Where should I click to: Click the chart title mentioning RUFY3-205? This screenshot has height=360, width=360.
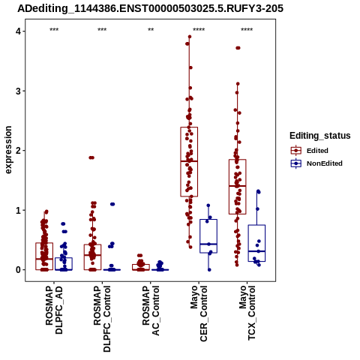151,8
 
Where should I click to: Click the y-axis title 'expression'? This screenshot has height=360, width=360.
8,150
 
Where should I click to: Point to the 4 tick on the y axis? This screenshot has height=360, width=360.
18,31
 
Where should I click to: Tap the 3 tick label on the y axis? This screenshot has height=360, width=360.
18,91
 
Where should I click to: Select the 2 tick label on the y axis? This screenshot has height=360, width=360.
18,151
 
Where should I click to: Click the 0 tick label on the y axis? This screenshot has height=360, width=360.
18,270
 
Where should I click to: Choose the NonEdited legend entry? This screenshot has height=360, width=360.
316,163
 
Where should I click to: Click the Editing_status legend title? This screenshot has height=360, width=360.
320,136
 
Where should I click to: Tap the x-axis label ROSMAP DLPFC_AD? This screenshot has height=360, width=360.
54,310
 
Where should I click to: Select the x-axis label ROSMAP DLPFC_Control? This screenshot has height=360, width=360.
102,319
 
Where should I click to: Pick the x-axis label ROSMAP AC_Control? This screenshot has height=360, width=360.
151,310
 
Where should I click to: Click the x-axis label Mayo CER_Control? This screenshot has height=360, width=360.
199,313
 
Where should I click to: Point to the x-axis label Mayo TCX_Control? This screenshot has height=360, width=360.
247,313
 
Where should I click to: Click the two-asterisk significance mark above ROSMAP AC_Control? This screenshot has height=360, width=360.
151,30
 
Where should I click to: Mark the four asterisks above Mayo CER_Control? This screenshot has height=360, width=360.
199,30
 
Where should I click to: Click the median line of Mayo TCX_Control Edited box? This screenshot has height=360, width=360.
238,186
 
